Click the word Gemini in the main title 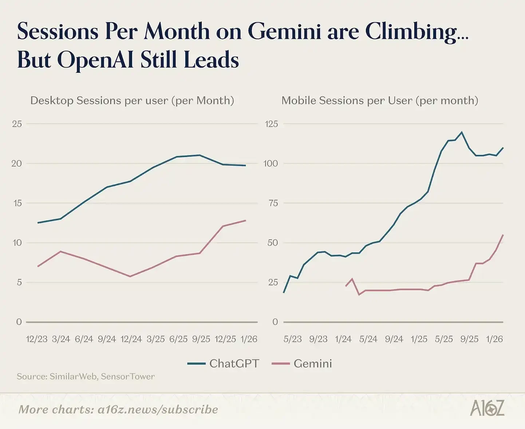point(284,32)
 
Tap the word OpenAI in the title point(96,60)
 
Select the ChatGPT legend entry point(224,364)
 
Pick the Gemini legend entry point(302,364)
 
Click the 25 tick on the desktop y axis point(17,124)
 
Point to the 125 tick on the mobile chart point(271,124)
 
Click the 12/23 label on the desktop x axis point(37,339)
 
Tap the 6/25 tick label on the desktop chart point(178,339)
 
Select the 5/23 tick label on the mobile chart point(293,339)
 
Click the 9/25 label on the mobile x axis point(469,339)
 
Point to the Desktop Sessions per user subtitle point(132,100)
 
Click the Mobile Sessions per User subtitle point(380,100)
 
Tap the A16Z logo point(487,408)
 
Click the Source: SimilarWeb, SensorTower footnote point(86,376)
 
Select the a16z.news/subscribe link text point(158,409)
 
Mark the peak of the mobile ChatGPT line point(462,132)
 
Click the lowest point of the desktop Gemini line point(130,276)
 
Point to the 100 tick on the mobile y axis point(271,164)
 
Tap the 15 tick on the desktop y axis point(17,203)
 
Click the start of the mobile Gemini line point(346,286)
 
